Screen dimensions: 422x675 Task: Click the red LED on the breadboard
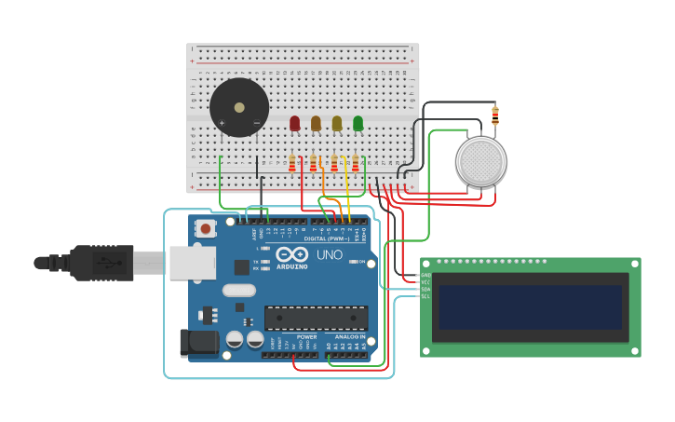click(x=295, y=123)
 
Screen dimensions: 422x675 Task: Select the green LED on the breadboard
click(x=358, y=123)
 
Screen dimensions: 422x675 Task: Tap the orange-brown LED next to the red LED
click(x=316, y=123)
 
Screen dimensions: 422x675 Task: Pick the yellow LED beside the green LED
click(x=337, y=123)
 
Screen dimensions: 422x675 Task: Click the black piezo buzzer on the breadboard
click(x=239, y=107)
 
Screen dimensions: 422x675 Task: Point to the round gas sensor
click(x=480, y=161)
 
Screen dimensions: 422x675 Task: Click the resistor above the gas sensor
click(x=495, y=116)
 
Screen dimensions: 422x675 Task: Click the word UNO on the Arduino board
click(x=331, y=254)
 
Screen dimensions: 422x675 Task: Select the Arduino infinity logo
click(x=291, y=253)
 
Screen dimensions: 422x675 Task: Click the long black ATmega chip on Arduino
click(x=316, y=318)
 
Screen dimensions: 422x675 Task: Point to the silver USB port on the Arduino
click(x=192, y=263)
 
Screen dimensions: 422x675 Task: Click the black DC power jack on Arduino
click(x=198, y=342)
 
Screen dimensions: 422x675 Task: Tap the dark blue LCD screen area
click(x=530, y=306)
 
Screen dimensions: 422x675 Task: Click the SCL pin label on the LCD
click(x=425, y=296)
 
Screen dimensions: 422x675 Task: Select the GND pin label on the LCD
click(x=425, y=275)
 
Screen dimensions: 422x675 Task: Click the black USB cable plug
click(x=102, y=263)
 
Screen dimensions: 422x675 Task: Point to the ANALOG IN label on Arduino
click(x=350, y=336)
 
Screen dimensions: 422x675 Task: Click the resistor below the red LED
click(x=292, y=163)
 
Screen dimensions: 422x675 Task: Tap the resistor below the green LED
click(x=355, y=163)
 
